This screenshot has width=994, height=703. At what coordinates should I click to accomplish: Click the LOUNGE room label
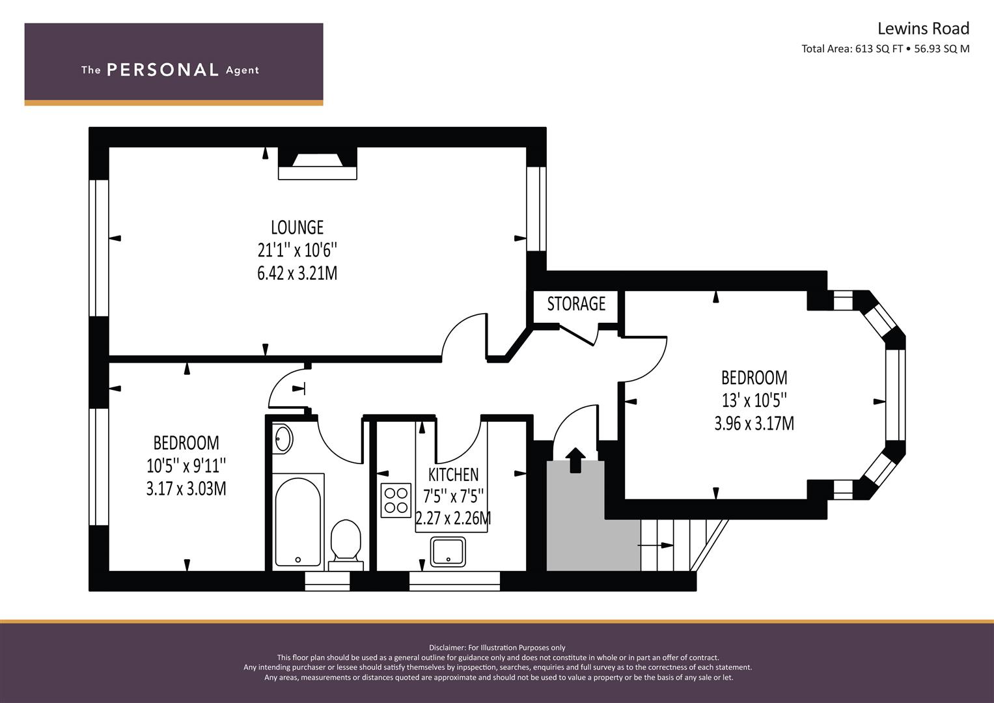[x=297, y=227]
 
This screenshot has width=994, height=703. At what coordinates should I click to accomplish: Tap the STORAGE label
[x=576, y=304]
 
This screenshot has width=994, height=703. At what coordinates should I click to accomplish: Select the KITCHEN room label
[x=453, y=475]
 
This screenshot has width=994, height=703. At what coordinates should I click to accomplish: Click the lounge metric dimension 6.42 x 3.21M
[x=297, y=273]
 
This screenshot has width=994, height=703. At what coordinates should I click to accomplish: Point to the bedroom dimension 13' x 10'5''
[x=754, y=400]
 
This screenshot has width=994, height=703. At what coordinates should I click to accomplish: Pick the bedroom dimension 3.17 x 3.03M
[x=186, y=488]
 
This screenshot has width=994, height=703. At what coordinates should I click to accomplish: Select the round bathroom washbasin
[x=283, y=438]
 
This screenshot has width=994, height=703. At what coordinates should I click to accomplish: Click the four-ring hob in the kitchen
[x=396, y=500]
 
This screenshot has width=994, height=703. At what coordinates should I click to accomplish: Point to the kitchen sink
[x=448, y=551]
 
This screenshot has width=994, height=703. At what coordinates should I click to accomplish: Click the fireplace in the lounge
[x=318, y=163]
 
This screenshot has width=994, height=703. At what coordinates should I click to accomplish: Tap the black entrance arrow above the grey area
[x=575, y=460]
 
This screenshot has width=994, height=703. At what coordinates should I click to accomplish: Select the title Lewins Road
[x=923, y=29]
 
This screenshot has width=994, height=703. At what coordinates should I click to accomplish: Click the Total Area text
[x=885, y=49]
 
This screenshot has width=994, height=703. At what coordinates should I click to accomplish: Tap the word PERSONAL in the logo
[x=162, y=70]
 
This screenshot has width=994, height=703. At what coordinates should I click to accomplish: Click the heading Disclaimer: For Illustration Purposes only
[x=497, y=648]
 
